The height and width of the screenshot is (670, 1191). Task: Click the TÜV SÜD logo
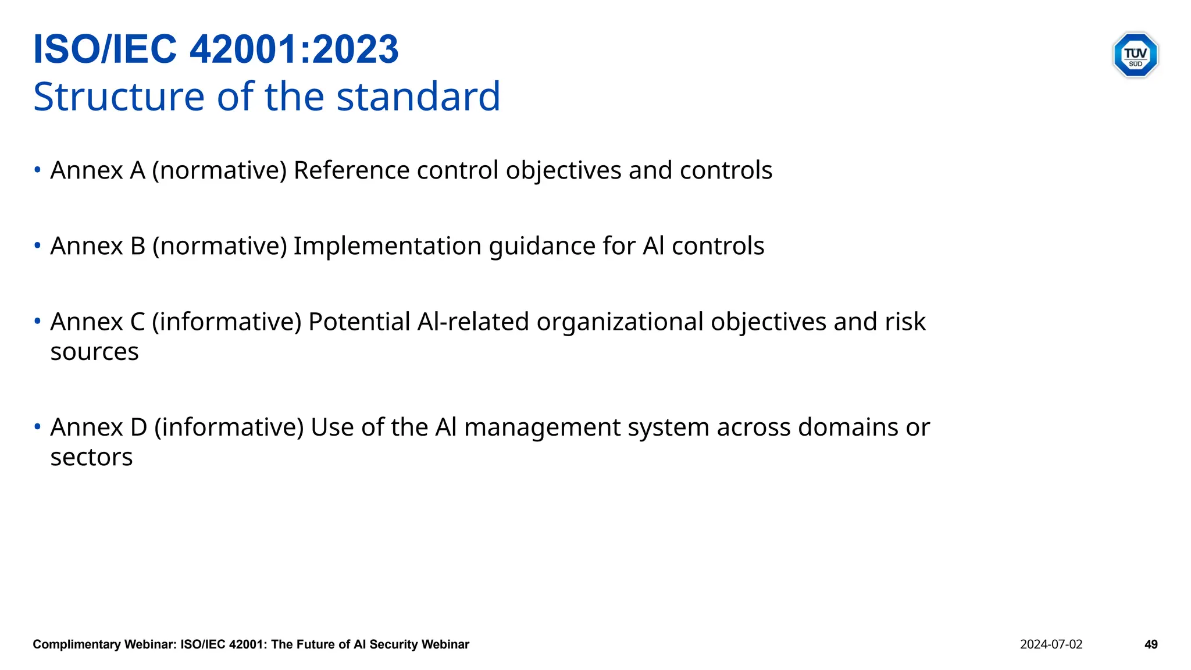(1135, 55)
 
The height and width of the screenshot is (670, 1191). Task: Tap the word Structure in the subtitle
(119, 97)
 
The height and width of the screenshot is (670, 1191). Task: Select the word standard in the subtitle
(418, 97)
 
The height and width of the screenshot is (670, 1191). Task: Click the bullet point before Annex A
(37, 170)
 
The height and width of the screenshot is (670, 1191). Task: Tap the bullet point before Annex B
(37, 245)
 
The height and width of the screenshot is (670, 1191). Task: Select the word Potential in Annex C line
(359, 322)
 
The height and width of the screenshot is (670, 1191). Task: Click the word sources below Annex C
(94, 352)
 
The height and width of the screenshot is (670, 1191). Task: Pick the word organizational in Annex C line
(620, 322)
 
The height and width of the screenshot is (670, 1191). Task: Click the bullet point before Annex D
(37, 427)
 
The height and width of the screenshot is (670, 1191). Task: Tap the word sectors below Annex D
(91, 457)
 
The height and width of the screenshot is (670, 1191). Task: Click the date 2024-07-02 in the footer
(1051, 644)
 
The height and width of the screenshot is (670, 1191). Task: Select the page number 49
(1151, 644)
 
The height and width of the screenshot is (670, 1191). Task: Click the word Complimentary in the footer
(77, 644)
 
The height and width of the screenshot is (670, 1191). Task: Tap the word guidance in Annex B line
(542, 247)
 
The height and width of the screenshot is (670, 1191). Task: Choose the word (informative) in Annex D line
(229, 427)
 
